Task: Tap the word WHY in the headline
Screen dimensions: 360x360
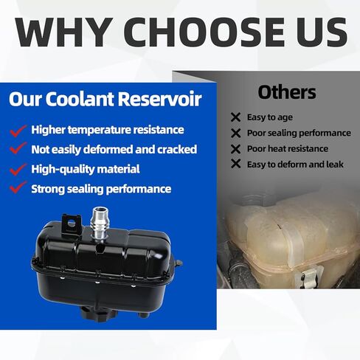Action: pos(64,32)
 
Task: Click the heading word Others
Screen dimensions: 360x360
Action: pos(287,92)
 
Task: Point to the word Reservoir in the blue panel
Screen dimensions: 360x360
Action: pos(159,99)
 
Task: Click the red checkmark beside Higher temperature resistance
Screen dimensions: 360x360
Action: pos(18,131)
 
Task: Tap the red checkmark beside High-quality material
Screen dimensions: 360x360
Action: pos(18,170)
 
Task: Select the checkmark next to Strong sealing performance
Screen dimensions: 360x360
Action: pos(18,187)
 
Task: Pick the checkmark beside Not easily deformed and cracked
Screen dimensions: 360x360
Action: pos(18,148)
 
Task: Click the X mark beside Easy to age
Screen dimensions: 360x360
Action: pos(235,117)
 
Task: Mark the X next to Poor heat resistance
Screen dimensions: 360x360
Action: pos(235,149)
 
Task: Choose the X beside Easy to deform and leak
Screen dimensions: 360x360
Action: pos(235,164)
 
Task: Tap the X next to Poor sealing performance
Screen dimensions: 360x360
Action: pos(235,134)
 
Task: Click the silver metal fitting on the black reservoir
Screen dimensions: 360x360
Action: pos(99,223)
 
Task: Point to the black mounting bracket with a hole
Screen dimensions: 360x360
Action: pos(72,224)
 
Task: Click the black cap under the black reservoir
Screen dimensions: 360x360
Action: pos(98,313)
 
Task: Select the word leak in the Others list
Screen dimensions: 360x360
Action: pos(335,165)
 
